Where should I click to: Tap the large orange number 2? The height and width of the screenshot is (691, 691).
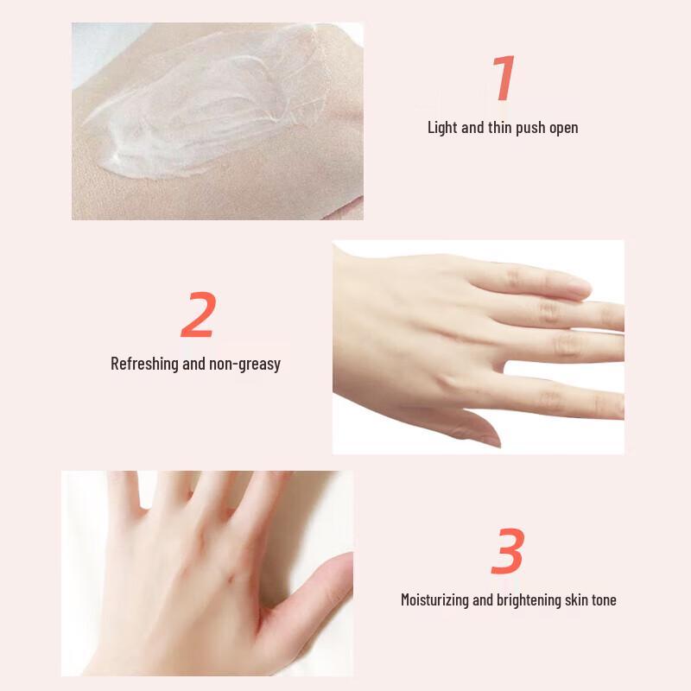(198, 316)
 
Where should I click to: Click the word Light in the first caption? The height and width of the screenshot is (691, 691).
(443, 128)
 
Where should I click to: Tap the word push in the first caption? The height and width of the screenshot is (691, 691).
(532, 128)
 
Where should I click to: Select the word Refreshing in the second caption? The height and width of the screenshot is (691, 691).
(144, 364)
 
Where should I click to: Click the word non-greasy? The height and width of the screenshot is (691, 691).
(244, 364)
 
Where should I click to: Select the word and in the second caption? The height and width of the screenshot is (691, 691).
(193, 364)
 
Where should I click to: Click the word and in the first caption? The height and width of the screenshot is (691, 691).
(472, 128)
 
